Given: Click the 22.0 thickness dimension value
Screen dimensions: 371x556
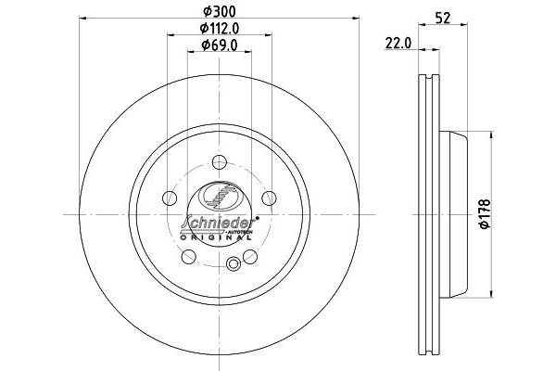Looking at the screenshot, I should point(399,43).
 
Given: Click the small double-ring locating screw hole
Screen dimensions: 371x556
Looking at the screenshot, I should point(234,266).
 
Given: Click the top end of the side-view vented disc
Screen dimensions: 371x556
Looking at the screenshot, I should point(429,76).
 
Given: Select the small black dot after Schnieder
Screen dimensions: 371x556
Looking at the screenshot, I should point(256,219).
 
